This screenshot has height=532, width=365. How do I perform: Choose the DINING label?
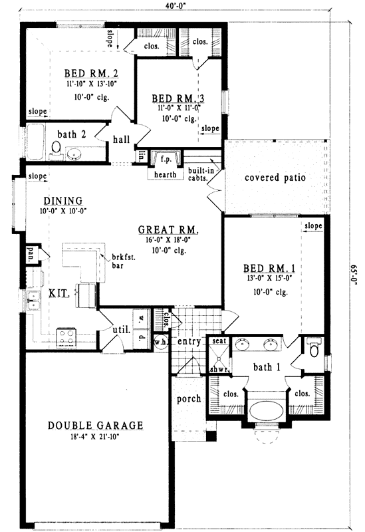pos(62,200)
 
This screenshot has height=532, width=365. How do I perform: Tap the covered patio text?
pos(275,178)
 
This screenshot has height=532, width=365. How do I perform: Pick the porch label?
pos(189,399)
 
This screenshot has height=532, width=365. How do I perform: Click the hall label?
pos(120,140)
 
